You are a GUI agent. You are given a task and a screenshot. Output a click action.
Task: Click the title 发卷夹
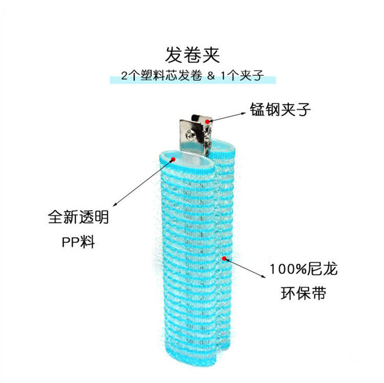pos(191,54)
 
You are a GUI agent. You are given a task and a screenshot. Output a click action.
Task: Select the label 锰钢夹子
pos(280,109)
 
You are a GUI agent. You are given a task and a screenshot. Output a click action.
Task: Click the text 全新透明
pos(78,218)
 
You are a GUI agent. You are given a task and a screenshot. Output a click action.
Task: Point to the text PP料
pos(78,240)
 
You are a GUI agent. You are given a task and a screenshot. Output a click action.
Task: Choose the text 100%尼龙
pos(304,269)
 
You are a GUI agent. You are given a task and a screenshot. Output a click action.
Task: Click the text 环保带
pos(303,294)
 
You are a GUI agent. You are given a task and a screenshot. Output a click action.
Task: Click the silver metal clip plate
pos(189,134)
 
